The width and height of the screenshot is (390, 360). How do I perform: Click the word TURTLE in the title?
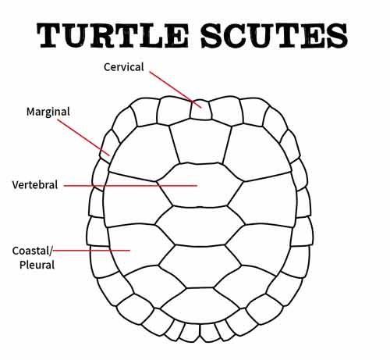[x=112, y=35]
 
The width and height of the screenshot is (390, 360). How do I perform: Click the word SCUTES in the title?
[x=274, y=35]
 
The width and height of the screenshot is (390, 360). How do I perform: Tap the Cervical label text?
[x=123, y=67]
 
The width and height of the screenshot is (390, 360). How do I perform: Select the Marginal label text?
[x=48, y=112]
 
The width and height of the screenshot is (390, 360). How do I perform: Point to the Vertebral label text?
[x=35, y=185]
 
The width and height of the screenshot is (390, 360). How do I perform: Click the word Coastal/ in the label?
[x=32, y=251]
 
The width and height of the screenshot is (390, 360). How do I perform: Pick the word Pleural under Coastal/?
[x=37, y=265]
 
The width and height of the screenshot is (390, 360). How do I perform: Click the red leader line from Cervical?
[x=175, y=90]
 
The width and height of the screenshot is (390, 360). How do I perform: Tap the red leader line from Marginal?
[x=83, y=137]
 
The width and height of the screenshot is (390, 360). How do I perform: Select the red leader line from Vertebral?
[x=130, y=186]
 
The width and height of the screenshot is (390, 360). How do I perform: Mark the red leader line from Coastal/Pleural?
[x=91, y=251]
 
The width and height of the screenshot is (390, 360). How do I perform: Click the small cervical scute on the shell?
[x=200, y=110]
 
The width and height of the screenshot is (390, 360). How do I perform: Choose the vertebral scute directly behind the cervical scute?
[x=200, y=142]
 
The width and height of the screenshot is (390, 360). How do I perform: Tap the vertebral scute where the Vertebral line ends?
[x=200, y=185]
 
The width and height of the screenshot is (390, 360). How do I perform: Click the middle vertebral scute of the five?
[x=200, y=226]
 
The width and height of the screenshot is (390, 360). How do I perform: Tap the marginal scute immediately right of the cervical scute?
[x=225, y=111]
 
